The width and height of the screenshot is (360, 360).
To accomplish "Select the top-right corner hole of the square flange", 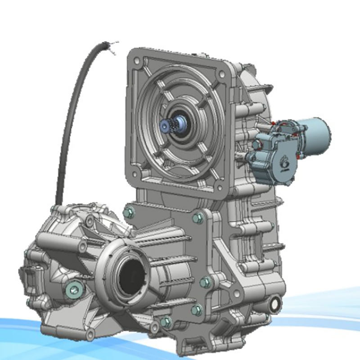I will click(x=224, y=72).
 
